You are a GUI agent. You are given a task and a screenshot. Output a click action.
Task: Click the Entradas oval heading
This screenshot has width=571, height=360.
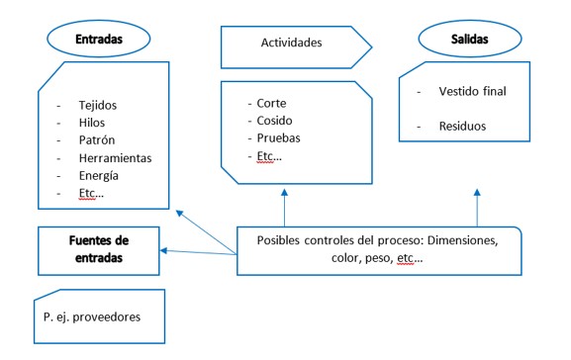(98, 39)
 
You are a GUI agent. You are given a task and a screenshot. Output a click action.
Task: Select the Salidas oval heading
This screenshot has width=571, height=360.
(468, 39)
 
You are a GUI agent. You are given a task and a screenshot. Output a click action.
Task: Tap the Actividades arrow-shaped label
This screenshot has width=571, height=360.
(292, 43)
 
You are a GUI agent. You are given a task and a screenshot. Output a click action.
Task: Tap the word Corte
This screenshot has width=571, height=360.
(272, 102)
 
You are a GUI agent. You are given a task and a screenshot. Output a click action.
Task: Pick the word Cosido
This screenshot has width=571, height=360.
(276, 120)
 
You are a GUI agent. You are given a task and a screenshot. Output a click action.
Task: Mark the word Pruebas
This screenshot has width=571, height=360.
(279, 137)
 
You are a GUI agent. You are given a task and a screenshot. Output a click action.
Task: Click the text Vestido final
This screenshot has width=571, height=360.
(474, 91)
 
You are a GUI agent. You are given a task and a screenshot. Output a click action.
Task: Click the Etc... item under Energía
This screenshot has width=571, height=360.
(88, 192)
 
